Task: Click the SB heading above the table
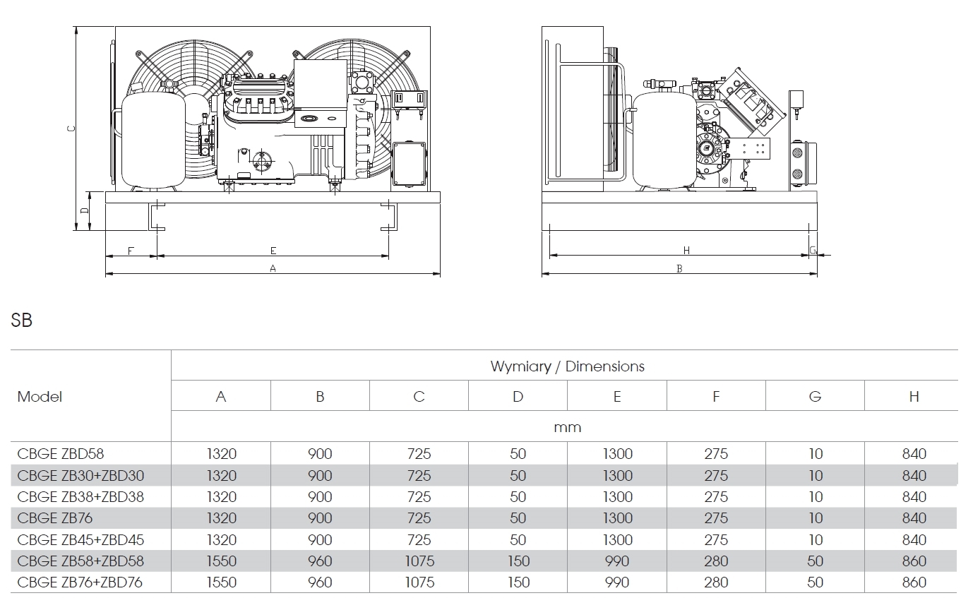point(21,320)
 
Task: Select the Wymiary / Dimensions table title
point(567,366)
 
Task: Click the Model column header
point(40,397)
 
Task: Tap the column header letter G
point(815,397)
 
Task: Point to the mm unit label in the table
point(567,427)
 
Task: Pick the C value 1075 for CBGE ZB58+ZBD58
point(419,561)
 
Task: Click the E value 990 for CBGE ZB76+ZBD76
point(617,583)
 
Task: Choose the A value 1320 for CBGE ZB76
point(221,518)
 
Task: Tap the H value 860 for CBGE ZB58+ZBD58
point(914,561)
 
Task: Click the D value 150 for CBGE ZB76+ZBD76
point(518,583)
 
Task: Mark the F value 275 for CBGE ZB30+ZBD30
point(716,476)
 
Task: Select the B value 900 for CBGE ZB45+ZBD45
point(320,540)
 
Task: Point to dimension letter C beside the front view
point(69,128)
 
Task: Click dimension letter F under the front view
point(131,251)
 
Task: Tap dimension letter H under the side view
point(686,251)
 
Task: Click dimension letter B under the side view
point(679,269)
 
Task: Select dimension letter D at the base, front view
point(83,210)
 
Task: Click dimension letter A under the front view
point(273,268)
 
